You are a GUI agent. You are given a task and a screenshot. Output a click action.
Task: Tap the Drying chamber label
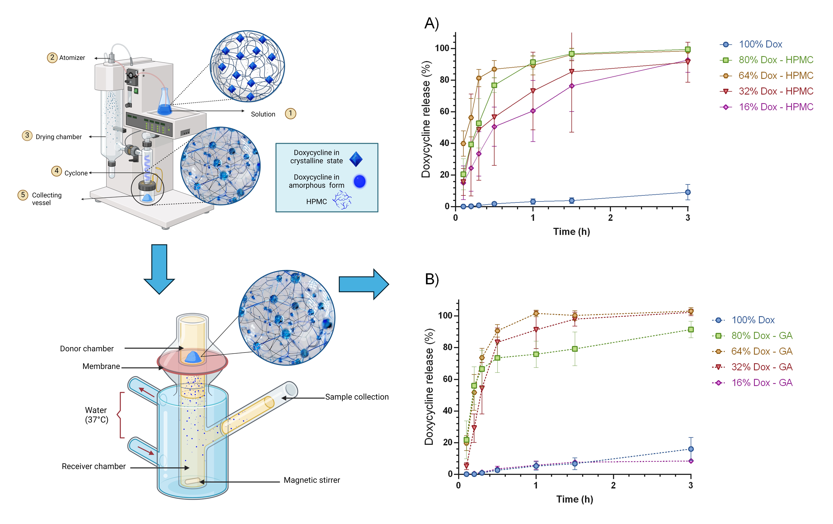coord(59,137)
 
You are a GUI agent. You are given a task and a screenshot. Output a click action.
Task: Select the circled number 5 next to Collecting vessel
coord(23,195)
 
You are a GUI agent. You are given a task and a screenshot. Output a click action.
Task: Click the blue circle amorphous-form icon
coord(359,181)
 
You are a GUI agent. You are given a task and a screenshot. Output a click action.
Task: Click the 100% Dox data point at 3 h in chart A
coord(688,192)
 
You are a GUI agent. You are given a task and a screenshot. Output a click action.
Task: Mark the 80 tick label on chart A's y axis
coord(445,80)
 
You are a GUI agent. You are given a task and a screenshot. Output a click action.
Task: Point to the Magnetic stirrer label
coord(312,480)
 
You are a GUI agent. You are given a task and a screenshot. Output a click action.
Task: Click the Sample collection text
coord(357,397)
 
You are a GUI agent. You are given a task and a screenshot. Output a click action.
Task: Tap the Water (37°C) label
coord(96,415)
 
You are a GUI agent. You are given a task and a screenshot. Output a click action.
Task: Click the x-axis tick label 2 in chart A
coord(610,218)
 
